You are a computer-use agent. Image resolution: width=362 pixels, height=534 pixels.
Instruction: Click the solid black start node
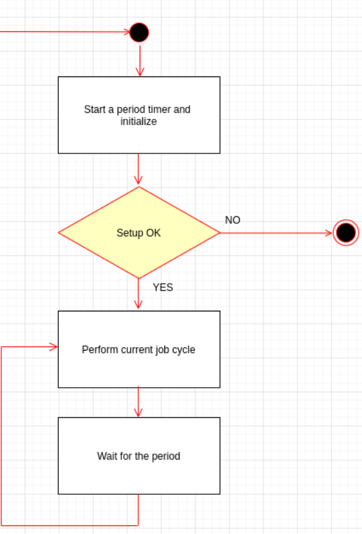[x=139, y=32]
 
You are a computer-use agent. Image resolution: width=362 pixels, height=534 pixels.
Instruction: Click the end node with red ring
[x=346, y=232]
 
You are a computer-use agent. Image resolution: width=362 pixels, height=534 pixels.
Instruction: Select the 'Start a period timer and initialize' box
[x=139, y=115]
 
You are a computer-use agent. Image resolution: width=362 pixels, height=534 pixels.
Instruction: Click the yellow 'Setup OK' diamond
[x=139, y=232]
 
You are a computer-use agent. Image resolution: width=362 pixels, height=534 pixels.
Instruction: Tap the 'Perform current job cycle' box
[x=139, y=349]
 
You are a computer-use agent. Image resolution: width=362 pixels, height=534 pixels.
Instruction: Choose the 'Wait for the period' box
[x=139, y=456]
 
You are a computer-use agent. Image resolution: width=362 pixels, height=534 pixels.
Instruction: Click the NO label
[x=232, y=220]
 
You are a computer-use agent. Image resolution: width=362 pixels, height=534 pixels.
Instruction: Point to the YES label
[x=162, y=287]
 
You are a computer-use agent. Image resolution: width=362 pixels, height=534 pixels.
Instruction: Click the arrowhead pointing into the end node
[x=328, y=232]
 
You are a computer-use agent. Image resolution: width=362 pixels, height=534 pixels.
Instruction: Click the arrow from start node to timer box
[x=139, y=60]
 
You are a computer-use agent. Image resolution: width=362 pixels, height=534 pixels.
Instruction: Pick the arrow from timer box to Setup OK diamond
[x=139, y=170]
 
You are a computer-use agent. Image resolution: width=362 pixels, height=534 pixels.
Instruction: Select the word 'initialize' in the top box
[x=138, y=121]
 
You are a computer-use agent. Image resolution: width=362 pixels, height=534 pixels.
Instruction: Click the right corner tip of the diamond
[x=219, y=232]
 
